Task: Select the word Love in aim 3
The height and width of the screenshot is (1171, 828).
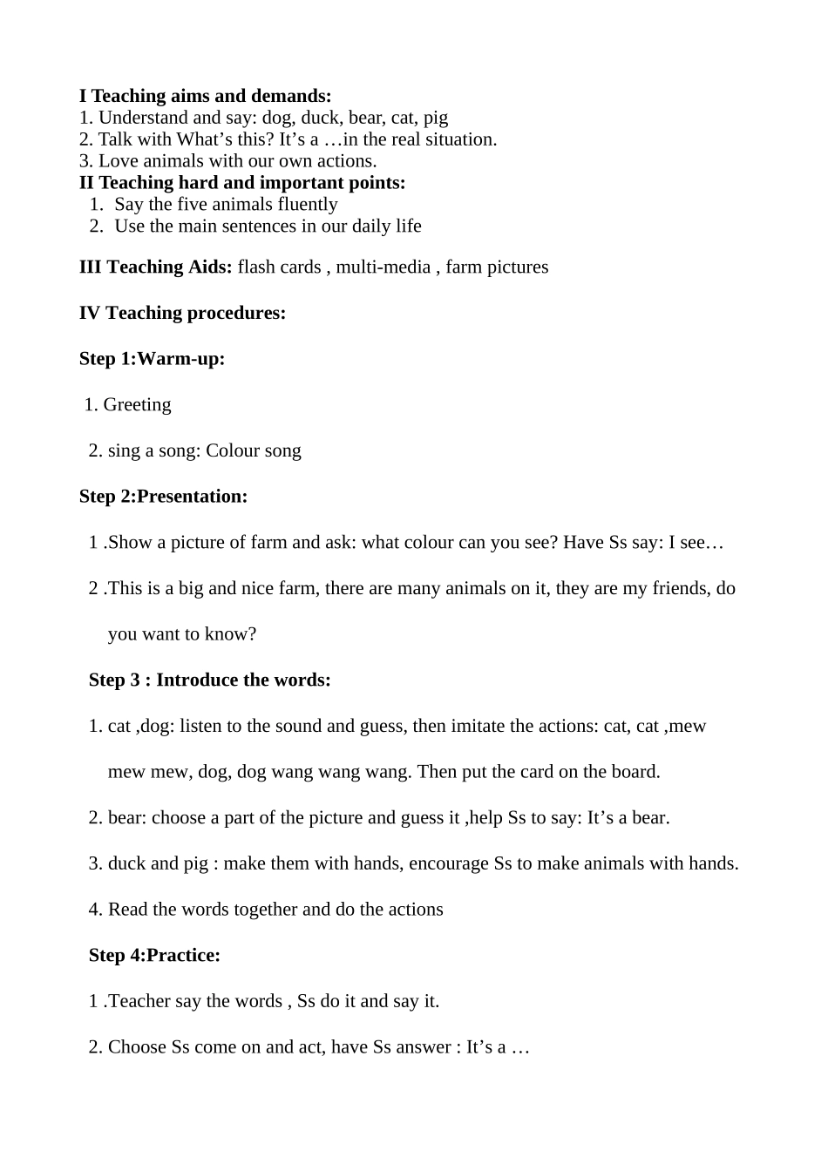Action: click(x=117, y=161)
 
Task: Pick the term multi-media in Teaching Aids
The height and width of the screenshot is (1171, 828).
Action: click(x=383, y=267)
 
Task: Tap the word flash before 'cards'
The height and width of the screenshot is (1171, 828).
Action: click(x=255, y=267)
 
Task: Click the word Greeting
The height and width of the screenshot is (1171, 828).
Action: click(x=137, y=405)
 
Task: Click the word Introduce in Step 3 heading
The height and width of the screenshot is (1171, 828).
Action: click(x=198, y=680)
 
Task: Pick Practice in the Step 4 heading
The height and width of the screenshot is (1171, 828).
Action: click(x=183, y=956)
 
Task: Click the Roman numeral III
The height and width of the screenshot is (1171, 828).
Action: click(x=90, y=267)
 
